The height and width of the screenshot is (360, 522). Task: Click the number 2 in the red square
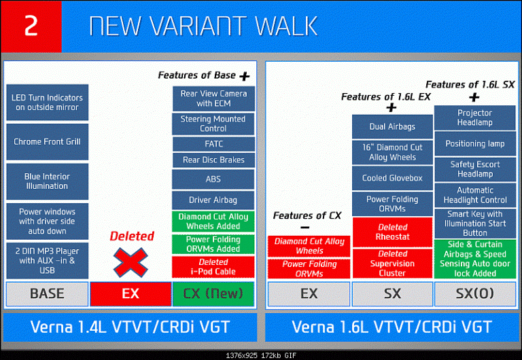[31, 25]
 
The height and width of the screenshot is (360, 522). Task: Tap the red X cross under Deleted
[130, 262]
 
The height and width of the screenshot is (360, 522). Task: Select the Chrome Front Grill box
[48, 142]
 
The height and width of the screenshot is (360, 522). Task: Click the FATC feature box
[213, 144]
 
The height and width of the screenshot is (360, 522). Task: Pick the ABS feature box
[213, 179]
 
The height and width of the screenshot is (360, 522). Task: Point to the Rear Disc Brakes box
[213, 160]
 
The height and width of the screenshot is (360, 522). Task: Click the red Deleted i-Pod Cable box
[213, 267]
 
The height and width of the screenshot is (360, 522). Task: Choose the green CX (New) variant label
[213, 294]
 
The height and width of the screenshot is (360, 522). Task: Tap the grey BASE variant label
[48, 294]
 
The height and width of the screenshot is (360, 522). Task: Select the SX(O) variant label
[475, 294]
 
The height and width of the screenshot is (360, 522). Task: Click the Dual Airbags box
[392, 127]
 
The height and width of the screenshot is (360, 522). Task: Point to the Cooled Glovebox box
[392, 179]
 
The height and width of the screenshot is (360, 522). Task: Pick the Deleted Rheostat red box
[392, 232]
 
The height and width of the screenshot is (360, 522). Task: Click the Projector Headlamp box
[474, 118]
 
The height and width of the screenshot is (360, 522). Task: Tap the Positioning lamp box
[475, 144]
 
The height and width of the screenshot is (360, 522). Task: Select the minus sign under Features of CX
[305, 228]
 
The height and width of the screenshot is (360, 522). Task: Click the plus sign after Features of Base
[245, 77]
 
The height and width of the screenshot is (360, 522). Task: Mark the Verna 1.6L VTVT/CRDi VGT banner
[391, 327]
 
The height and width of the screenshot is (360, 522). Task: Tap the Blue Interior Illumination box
[48, 181]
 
